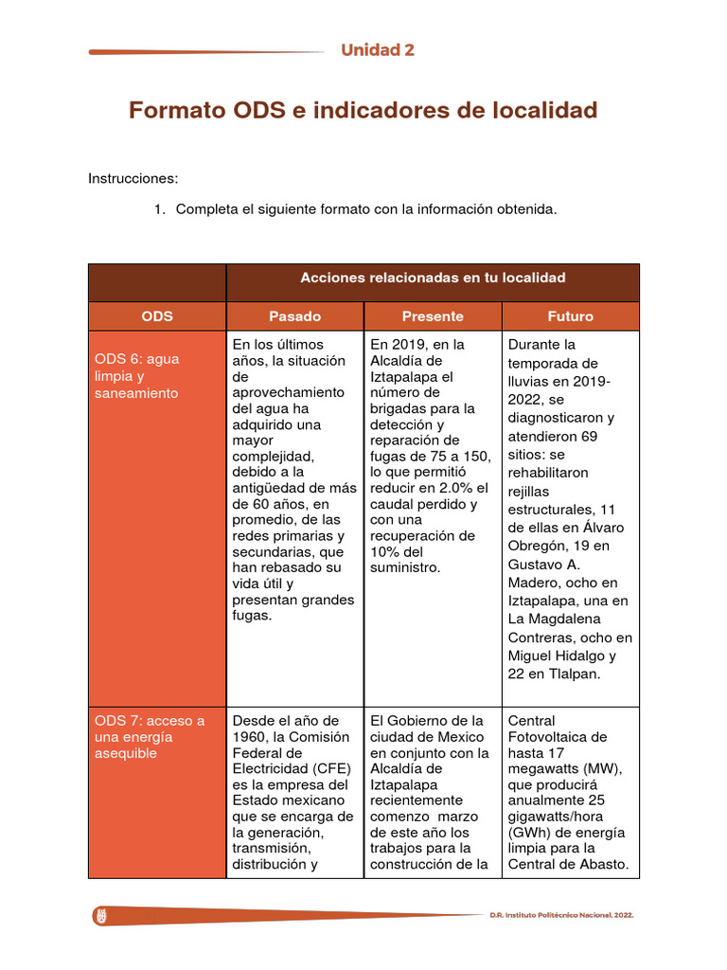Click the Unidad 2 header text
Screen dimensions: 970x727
[378, 50]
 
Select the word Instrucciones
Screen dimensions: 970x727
[133, 178]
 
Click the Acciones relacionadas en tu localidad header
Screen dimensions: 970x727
[433, 278]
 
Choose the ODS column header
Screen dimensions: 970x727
[157, 316]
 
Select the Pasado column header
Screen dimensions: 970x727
[294, 316]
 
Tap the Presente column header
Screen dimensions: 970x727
[433, 316]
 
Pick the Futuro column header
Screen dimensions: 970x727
[570, 316]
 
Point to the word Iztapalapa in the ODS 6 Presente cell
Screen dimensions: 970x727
[405, 376]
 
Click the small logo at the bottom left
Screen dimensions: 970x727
[100, 916]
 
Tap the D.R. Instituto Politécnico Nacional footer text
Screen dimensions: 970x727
[560, 916]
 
